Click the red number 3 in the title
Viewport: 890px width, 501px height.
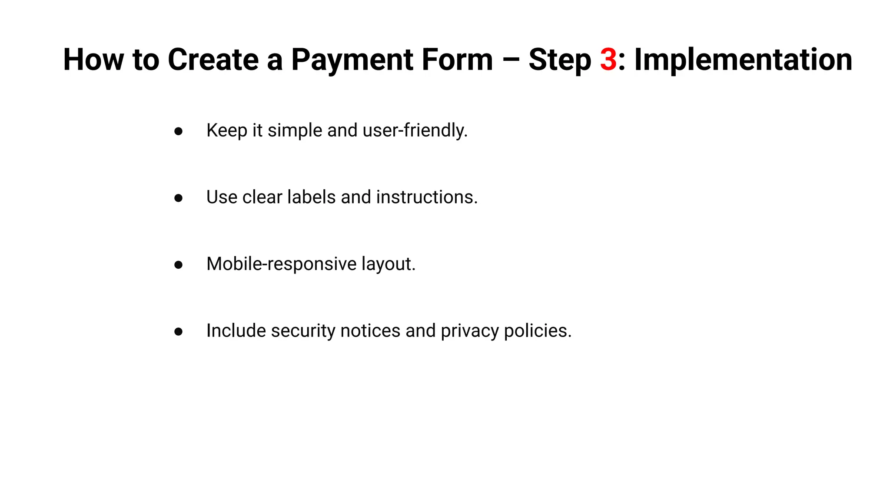point(608,60)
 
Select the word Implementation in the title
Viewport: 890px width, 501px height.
point(743,60)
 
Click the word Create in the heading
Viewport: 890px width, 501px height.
point(213,60)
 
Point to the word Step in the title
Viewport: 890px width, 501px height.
point(560,60)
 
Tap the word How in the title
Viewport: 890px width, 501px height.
point(93,60)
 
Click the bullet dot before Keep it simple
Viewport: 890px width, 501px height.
point(178,131)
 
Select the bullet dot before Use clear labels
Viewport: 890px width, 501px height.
point(178,198)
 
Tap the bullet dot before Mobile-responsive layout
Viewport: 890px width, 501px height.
point(178,264)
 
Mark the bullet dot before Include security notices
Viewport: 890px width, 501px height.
point(178,331)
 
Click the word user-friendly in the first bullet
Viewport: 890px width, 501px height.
point(415,130)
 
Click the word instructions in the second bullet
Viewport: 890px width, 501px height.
point(426,197)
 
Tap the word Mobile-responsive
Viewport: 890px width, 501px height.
point(281,264)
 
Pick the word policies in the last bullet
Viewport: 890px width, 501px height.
point(538,331)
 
